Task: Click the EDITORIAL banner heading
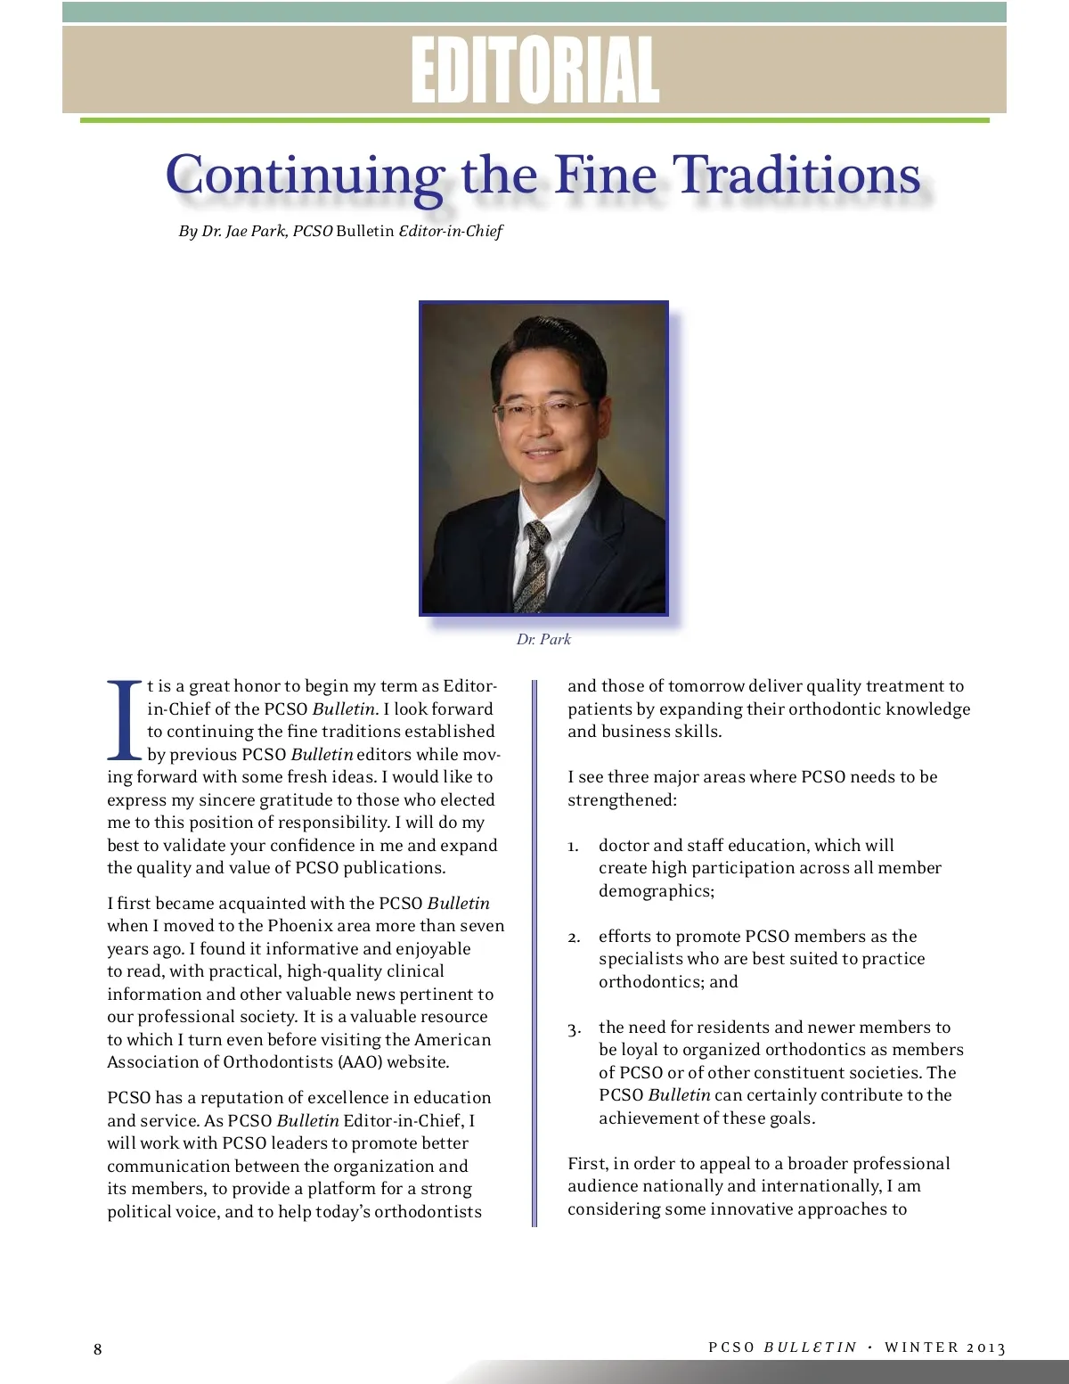pos(534,70)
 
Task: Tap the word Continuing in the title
pos(306,175)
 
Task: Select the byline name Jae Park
pos(255,231)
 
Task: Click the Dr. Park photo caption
pos(543,639)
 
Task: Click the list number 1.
pos(573,846)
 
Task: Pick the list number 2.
pos(574,938)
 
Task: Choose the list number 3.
pos(574,1029)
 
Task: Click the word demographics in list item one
pos(655,891)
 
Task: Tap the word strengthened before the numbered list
pos(621,800)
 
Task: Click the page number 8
pos(98,1349)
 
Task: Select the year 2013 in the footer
pos(985,1347)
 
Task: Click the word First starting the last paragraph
pos(587,1164)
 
